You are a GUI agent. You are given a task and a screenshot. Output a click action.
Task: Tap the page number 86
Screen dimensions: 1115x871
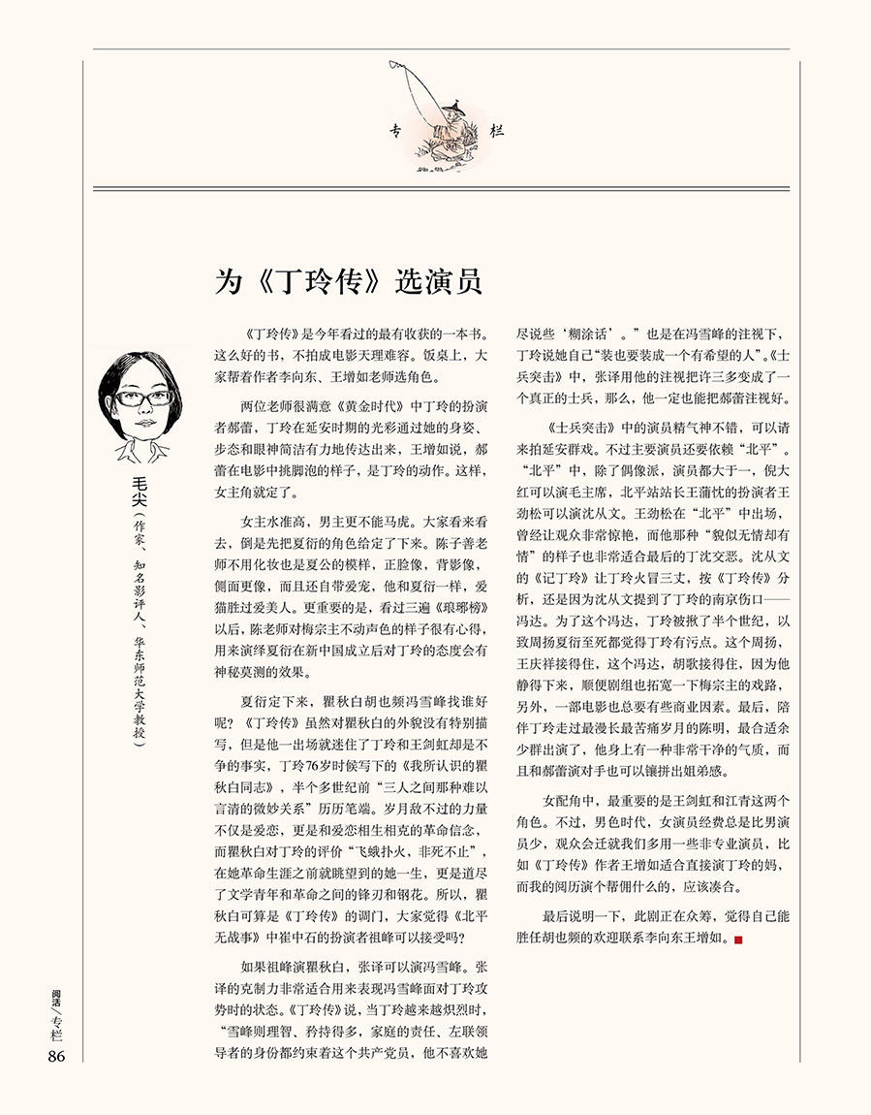[x=55, y=1056]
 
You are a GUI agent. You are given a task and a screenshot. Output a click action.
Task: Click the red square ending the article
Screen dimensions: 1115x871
[x=739, y=939]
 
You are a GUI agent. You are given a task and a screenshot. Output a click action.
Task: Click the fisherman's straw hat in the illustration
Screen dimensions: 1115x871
[x=450, y=106]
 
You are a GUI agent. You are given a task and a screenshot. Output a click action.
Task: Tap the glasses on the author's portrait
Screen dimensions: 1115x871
[x=135, y=398]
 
